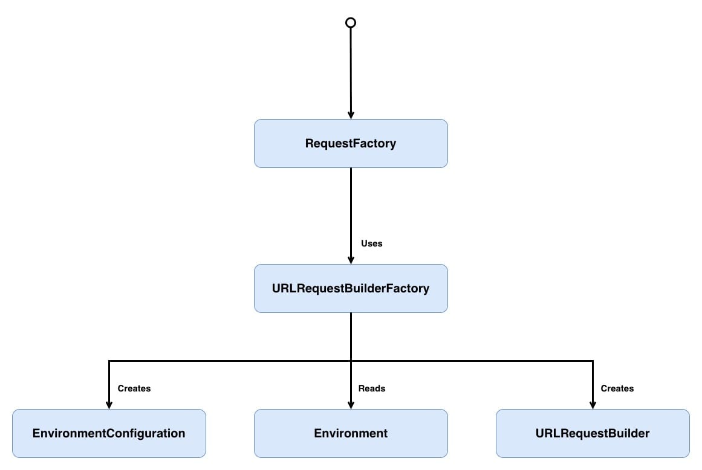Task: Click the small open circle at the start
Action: click(350, 22)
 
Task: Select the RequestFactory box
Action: click(351, 143)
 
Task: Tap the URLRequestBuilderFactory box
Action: click(351, 288)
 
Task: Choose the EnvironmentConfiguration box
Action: click(109, 433)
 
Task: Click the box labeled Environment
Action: click(351, 433)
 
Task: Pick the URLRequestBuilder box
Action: click(593, 433)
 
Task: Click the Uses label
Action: click(371, 243)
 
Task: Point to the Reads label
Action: click(371, 388)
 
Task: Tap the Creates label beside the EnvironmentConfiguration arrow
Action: click(134, 388)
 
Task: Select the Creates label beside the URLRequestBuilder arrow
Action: click(617, 388)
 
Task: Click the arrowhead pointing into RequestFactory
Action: click(351, 115)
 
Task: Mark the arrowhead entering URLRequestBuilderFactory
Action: click(351, 260)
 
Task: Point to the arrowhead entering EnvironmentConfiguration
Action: click(109, 405)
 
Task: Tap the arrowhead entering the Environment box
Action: click(351, 405)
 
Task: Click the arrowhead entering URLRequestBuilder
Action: click(593, 405)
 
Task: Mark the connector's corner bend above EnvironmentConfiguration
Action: click(109, 361)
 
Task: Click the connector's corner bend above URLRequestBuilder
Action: click(593, 361)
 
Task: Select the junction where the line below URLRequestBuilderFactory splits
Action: click(351, 361)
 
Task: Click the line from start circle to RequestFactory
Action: click(351, 69)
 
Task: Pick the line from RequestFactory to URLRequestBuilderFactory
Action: click(351, 205)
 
